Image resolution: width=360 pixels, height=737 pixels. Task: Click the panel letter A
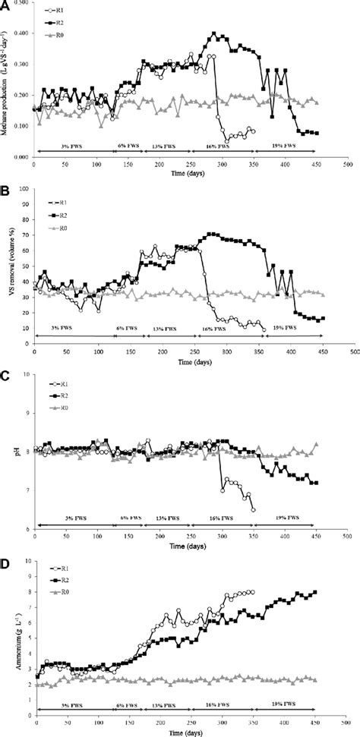pos(5,5)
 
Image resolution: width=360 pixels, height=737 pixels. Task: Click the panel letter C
pos(5,373)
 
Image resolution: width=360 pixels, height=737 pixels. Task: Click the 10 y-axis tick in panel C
pos(27,374)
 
